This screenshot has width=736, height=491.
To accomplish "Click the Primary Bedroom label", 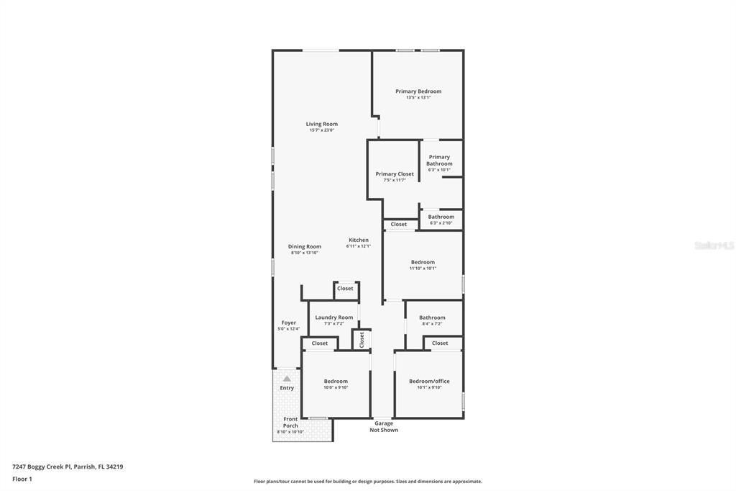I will pos(418,91).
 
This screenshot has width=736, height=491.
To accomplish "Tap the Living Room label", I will pos(321,124).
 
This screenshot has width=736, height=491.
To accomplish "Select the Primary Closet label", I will pos(395,174).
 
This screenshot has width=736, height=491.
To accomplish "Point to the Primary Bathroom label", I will pos(439,161).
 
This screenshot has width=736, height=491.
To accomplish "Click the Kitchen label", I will pos(359,240).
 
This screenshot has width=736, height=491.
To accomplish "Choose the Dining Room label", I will pos(305,246).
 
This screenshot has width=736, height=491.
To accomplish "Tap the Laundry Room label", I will pos(334,317).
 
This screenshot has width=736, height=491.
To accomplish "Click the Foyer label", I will pos(288,323).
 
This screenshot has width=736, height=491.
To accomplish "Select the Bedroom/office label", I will pos(429,382).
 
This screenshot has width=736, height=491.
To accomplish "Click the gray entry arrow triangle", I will pos(287,378).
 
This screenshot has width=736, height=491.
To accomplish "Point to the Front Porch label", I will pos(290,422).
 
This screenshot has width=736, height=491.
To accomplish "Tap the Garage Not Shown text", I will pos(384,427).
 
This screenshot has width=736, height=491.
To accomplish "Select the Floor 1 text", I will pos(22,479).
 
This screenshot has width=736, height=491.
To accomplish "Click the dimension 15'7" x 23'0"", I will pos(321,130).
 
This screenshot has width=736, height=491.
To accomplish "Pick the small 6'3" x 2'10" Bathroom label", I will pos(441,217).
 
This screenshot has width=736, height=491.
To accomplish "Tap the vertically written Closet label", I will pos(362,340).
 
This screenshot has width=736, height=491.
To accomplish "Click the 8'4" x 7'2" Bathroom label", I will pos(432,317).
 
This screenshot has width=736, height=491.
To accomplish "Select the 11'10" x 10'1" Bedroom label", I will pos(423,262).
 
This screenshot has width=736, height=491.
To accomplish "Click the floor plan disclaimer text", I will pos(368,482).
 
